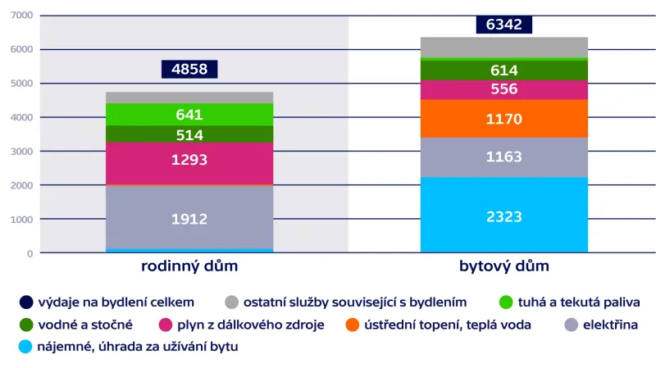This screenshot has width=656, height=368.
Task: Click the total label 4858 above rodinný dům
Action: pos(189,69)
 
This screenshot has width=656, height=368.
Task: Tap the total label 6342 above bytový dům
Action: pos(503,25)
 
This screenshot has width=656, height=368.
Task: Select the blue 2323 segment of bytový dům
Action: pos(503,216)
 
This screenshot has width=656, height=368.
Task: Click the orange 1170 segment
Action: pos(503,119)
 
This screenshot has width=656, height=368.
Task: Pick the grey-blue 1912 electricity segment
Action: pos(189,219)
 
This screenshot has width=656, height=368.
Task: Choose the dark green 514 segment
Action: pos(189,134)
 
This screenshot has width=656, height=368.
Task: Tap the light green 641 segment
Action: pos(189,115)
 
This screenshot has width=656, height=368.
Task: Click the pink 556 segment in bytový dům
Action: pos(503,89)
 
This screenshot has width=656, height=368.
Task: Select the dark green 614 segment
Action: pos(503,70)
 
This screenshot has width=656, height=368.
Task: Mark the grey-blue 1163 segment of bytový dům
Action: pos(503,157)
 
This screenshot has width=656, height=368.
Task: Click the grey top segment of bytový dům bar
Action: pos(503,48)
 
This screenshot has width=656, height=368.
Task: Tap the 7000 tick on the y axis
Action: pos(21,16)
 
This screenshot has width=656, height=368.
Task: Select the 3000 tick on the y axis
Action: pos(21,152)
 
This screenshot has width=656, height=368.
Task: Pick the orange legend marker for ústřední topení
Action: pos(352,325)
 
